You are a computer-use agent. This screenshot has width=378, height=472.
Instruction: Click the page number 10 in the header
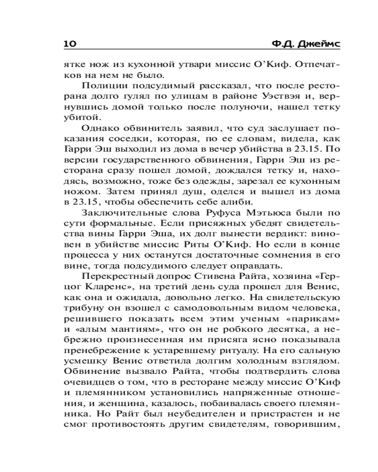tap(69, 44)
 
